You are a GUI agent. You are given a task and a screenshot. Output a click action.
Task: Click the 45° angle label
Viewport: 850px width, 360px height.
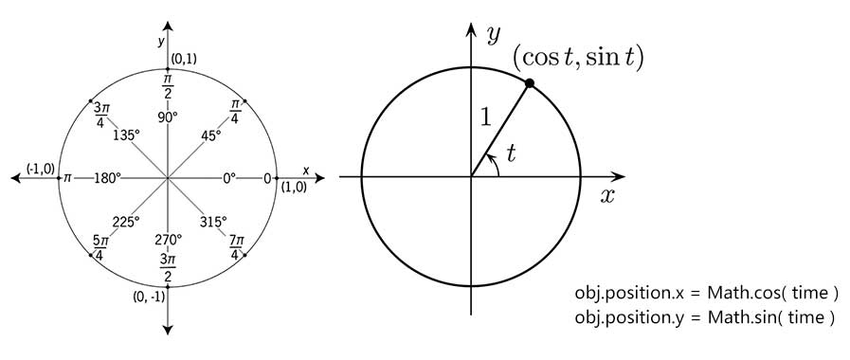pyautogui.click(x=211, y=135)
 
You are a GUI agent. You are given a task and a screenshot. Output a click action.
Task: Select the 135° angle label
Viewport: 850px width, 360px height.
pyautogui.click(x=127, y=135)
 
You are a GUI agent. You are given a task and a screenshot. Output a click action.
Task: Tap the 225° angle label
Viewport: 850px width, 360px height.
pyautogui.click(x=126, y=221)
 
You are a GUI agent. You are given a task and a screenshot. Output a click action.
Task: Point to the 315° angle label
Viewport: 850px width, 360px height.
pyautogui.click(x=213, y=221)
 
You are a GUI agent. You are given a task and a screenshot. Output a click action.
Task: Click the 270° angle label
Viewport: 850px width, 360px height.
pyautogui.click(x=169, y=239)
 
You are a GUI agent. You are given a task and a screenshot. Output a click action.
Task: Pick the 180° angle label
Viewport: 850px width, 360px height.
pyautogui.click(x=107, y=177)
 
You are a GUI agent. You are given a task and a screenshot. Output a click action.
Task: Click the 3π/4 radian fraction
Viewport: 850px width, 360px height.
pyautogui.click(x=101, y=115)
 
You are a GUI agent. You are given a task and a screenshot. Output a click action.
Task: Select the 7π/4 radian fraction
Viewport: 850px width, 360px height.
pyautogui.click(x=234, y=245)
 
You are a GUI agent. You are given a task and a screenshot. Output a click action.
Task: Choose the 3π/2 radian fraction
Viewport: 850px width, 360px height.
pyautogui.click(x=168, y=266)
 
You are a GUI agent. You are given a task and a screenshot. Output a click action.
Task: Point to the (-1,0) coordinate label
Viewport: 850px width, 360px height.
pyautogui.click(x=40, y=169)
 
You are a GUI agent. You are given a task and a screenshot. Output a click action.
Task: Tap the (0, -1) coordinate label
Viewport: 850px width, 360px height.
pyautogui.click(x=149, y=297)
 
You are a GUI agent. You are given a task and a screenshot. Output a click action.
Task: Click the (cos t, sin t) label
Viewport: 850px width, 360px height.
pyautogui.click(x=578, y=58)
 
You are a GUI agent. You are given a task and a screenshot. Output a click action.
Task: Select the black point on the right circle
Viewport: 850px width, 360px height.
pyautogui.click(x=530, y=83)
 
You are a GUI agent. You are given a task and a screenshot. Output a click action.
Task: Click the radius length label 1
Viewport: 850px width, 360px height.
pyautogui.click(x=486, y=117)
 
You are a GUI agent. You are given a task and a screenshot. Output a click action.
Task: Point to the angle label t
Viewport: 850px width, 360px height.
pyautogui.click(x=511, y=154)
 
